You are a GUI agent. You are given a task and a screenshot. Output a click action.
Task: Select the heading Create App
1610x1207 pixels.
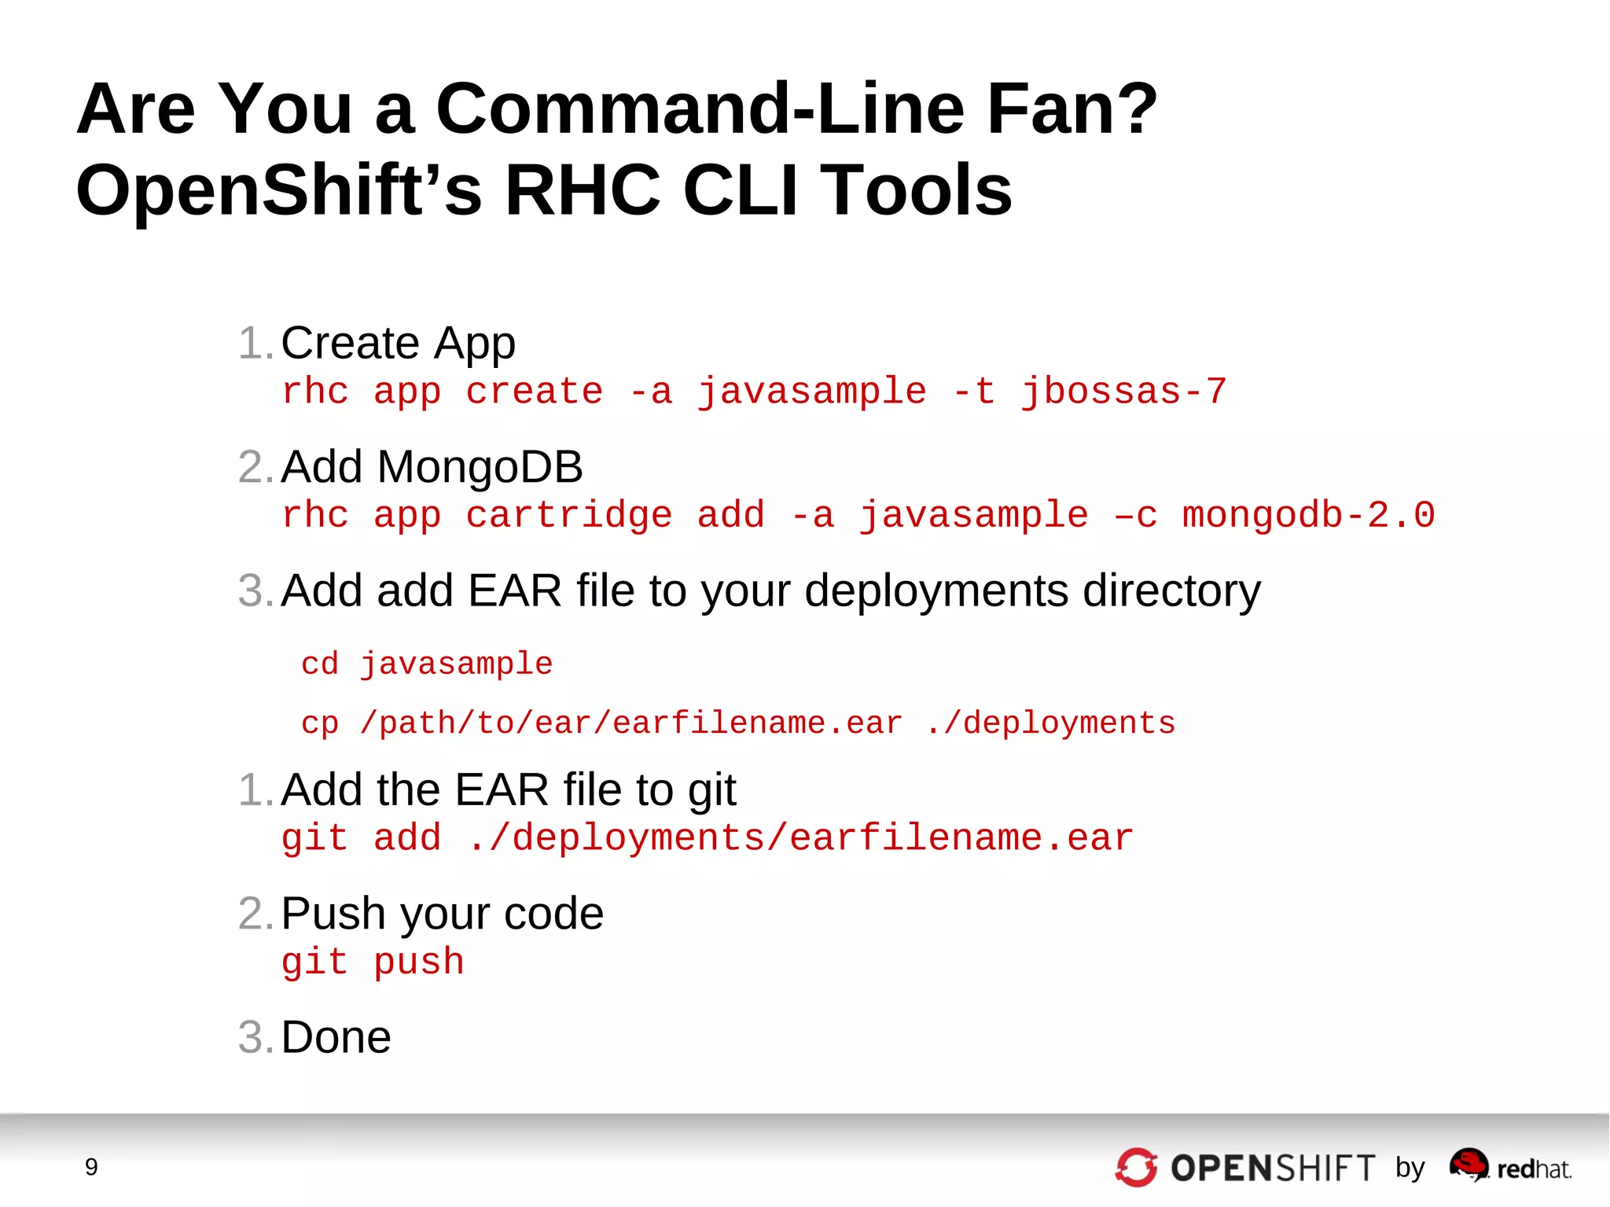[x=398, y=343]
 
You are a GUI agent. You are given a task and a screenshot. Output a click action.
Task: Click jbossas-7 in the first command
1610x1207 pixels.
[x=1123, y=392]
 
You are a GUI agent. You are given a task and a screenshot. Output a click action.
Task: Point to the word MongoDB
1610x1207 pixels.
[x=480, y=467]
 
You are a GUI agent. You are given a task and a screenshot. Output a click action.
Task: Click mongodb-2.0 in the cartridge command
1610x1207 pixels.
[x=1308, y=516]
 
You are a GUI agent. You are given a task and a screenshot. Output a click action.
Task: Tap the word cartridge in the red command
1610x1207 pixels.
[x=568, y=516]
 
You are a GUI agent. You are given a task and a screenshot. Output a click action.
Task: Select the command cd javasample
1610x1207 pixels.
[x=427, y=664]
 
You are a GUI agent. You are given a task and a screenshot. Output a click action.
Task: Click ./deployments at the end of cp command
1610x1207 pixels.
[x=1049, y=723]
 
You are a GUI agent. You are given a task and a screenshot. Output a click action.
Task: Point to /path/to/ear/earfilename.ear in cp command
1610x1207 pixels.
[x=630, y=723]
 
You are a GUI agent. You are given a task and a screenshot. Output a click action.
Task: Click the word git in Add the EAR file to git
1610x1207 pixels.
[x=712, y=790]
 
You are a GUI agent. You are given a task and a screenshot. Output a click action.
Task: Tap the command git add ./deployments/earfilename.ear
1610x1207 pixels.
[x=708, y=838]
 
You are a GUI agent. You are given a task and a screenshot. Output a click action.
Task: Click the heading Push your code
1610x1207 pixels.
[x=442, y=914]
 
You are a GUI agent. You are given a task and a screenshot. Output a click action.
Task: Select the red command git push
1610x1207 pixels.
[x=373, y=962]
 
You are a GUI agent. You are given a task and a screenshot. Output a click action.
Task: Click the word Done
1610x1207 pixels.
[x=336, y=1037]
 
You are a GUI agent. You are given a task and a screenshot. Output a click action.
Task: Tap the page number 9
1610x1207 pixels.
[x=91, y=1167]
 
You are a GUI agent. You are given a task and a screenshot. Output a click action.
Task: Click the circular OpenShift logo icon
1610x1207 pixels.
[x=1136, y=1168]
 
